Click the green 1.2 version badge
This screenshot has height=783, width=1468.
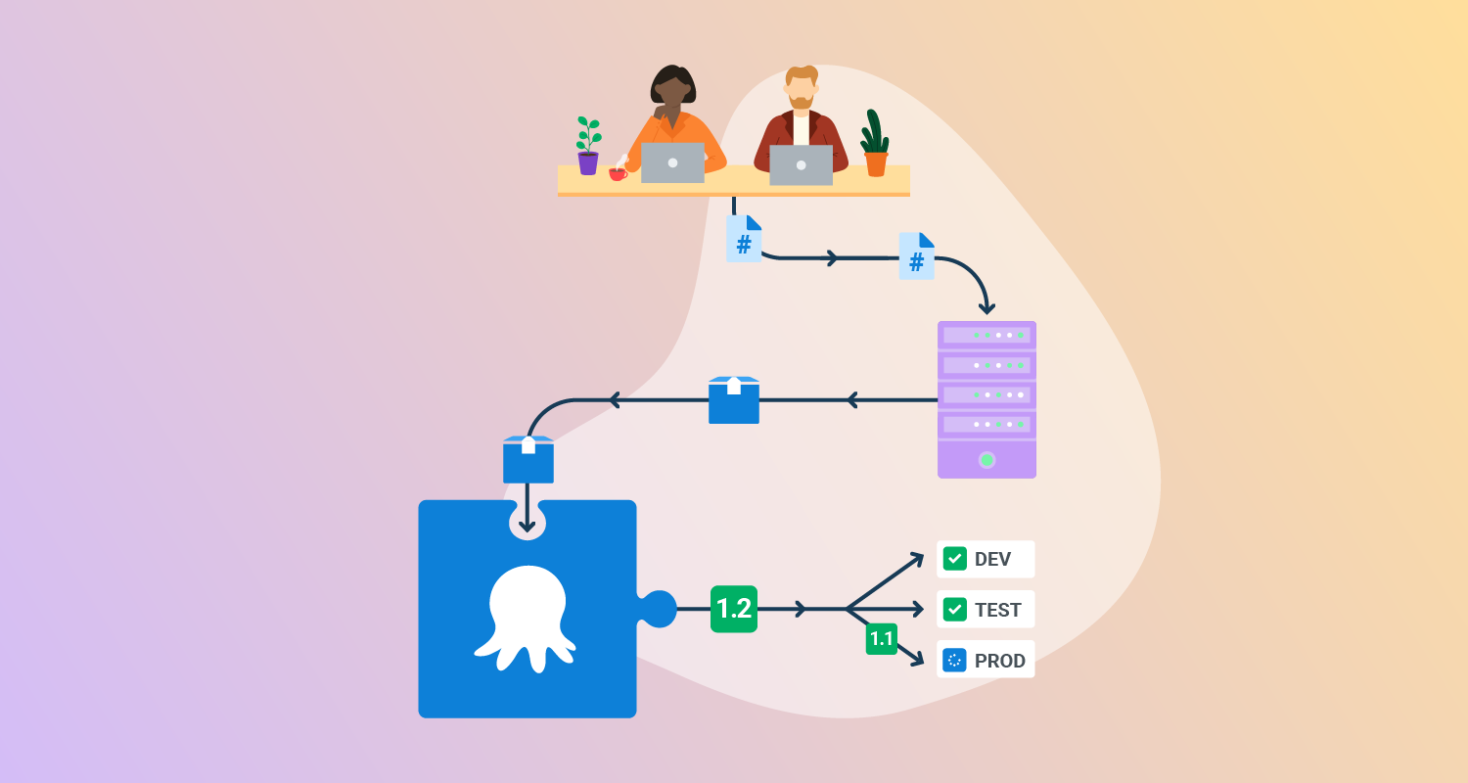point(734,609)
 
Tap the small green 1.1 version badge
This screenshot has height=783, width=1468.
point(881,639)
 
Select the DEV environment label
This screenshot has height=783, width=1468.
point(992,559)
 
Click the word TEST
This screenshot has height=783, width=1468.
point(997,610)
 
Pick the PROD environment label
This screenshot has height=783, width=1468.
point(999,661)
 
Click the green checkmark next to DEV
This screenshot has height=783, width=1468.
point(954,559)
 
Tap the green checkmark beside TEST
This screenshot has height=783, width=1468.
point(954,610)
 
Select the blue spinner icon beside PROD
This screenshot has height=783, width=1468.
point(954,661)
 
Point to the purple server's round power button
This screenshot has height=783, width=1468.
point(986,459)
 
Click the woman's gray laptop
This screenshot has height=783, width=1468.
point(672,162)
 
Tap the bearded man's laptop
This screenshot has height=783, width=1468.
point(801,164)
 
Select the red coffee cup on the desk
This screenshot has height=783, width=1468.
point(618,174)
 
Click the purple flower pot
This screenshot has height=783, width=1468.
point(587,162)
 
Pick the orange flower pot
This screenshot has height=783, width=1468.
point(876,163)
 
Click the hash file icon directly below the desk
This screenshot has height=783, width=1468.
point(744,239)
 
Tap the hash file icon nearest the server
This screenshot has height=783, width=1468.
point(917,256)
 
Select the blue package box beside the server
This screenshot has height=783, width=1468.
point(734,400)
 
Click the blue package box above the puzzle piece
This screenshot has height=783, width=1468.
point(528,459)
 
